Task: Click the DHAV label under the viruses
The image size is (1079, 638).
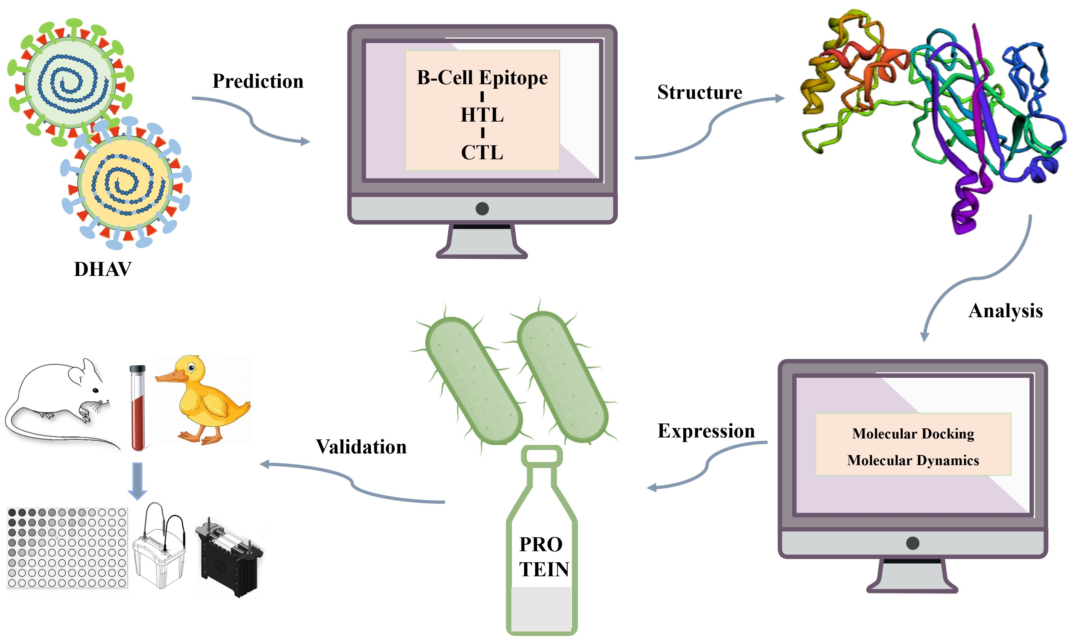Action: (x=103, y=269)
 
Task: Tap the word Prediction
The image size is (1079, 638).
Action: (x=258, y=81)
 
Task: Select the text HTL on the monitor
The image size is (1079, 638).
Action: (x=482, y=115)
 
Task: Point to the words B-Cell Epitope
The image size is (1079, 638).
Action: (x=482, y=78)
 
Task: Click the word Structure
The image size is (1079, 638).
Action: (x=700, y=92)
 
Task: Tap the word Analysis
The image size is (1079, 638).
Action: (x=1005, y=311)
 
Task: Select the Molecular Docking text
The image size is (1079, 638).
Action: (x=913, y=434)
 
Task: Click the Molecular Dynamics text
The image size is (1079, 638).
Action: (x=913, y=461)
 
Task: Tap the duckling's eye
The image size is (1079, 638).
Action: (x=191, y=368)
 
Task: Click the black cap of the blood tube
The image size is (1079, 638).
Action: (x=137, y=369)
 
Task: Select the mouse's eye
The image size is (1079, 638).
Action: (x=96, y=390)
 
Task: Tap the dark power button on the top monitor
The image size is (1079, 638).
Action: (x=482, y=209)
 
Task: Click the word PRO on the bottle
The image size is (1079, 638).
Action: (x=541, y=545)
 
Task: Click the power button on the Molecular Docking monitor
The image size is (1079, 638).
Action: (x=913, y=543)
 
